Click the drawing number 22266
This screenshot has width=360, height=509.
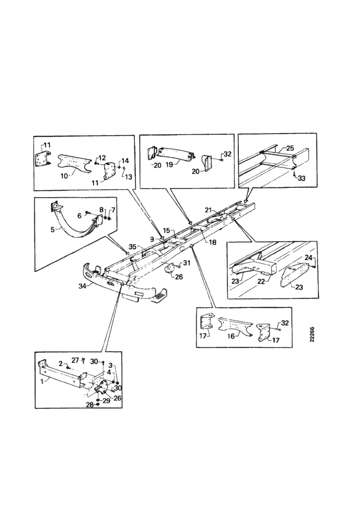pyautogui.click(x=312, y=334)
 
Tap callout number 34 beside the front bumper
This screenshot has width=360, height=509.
pyautogui.click(x=82, y=286)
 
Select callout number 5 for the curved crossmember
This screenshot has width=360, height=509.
pyautogui.click(x=53, y=229)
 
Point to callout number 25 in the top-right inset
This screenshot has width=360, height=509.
pyautogui.click(x=290, y=148)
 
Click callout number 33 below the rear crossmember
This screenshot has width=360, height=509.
pyautogui.click(x=302, y=178)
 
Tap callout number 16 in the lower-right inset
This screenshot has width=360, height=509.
pyautogui.click(x=231, y=336)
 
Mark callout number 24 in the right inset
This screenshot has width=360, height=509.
pyautogui.click(x=309, y=258)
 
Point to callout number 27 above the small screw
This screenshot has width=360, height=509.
pyautogui.click(x=75, y=360)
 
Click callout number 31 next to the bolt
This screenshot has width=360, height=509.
pyautogui.click(x=187, y=263)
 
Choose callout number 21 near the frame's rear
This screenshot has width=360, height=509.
pyautogui.click(x=209, y=210)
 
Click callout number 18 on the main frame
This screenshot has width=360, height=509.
pyautogui.click(x=213, y=242)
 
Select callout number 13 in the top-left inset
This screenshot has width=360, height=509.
pyautogui.click(x=129, y=177)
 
